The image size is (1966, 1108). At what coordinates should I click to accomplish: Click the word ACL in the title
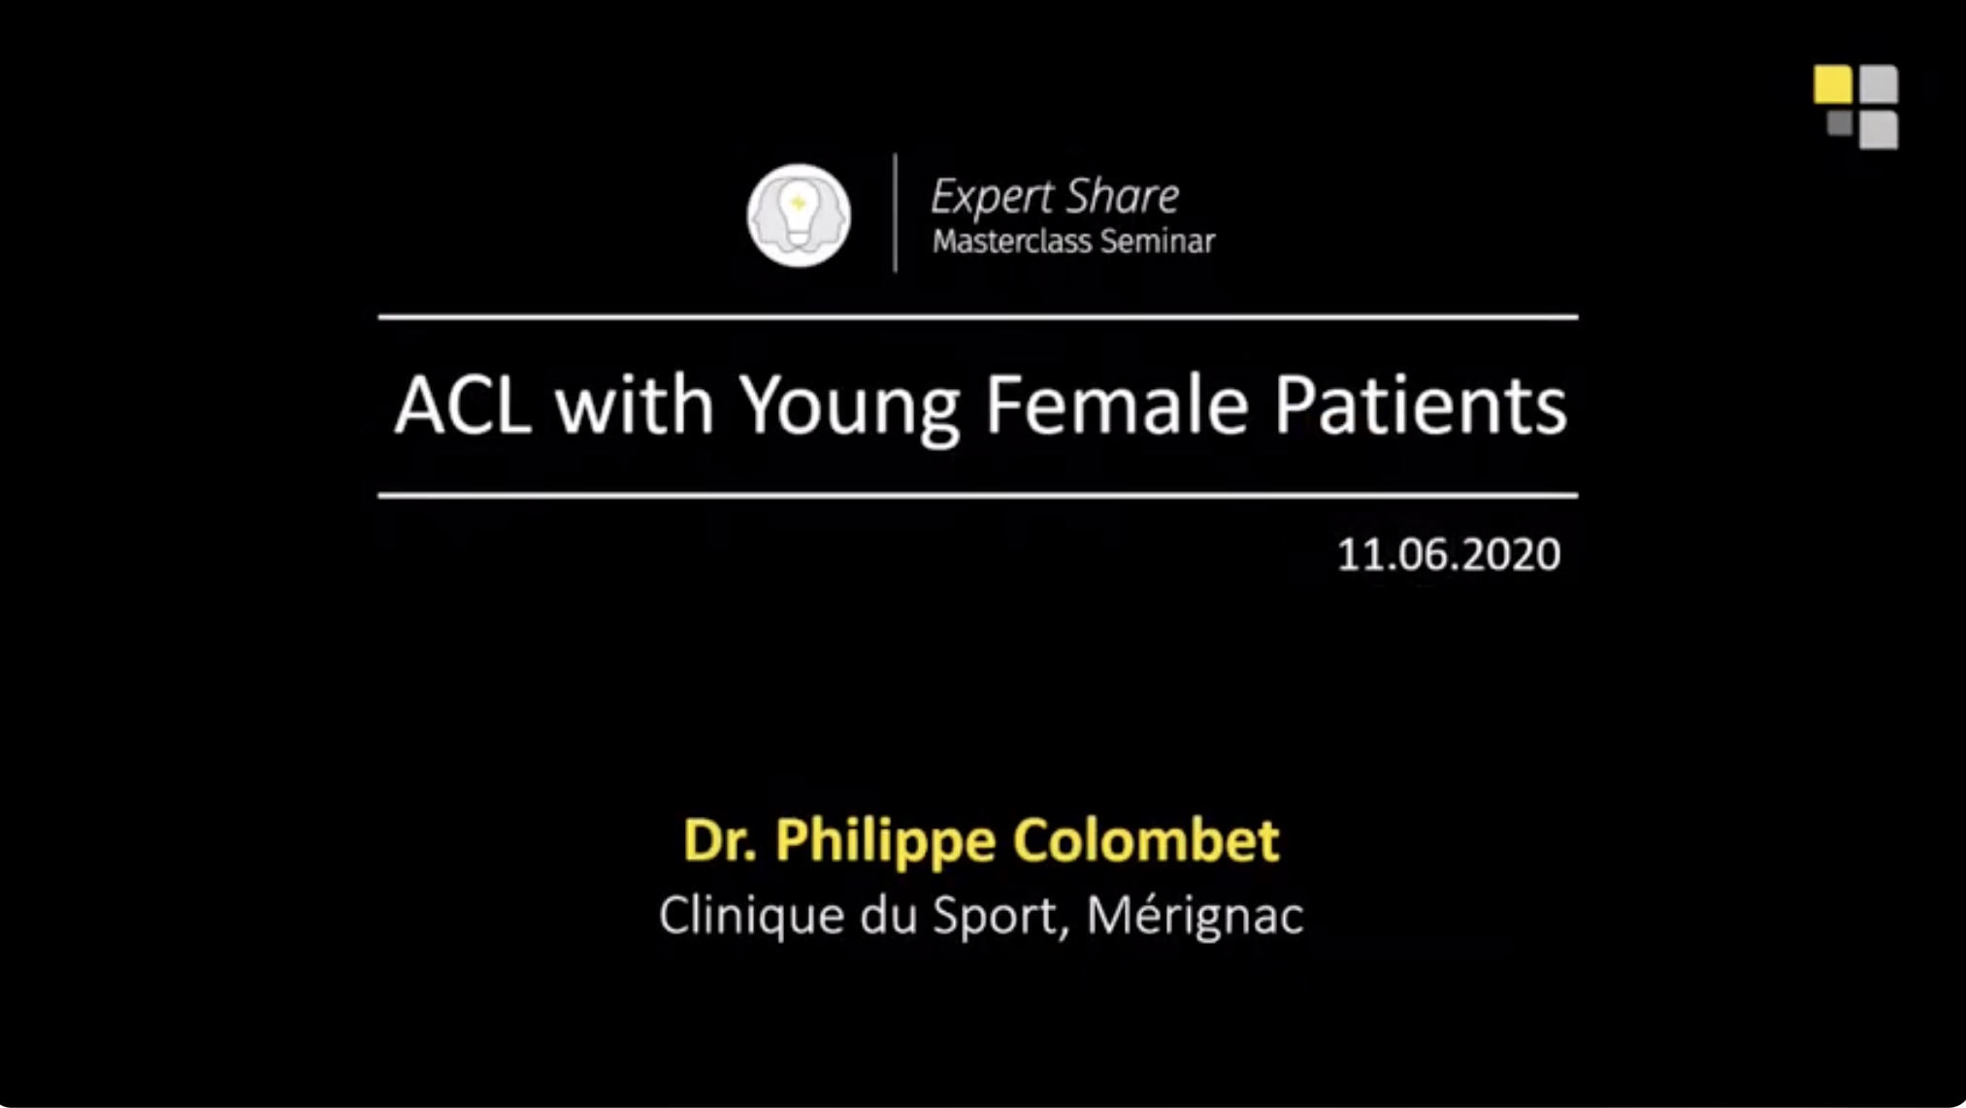pos(463,405)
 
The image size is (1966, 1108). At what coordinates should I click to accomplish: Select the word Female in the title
pos(1116,405)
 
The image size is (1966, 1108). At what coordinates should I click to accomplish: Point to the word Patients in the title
pos(1420,405)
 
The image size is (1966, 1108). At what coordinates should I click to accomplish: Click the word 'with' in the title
pos(635,405)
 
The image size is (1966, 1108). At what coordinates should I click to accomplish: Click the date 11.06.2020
pos(1449,555)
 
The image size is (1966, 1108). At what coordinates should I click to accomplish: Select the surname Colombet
pos(1146,839)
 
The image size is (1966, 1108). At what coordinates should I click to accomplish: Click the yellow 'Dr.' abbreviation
pos(719,839)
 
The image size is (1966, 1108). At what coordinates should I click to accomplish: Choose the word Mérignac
pos(1195,917)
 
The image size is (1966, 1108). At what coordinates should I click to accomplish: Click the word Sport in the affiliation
pos(1000,917)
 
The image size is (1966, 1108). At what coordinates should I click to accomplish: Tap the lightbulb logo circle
pos(799,214)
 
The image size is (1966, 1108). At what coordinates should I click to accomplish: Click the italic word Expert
pos(991,198)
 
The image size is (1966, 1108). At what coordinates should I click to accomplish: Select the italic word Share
pos(1123,196)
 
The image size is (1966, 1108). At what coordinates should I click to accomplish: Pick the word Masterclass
pos(1012,241)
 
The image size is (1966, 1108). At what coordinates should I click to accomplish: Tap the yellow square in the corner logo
pos(1833,84)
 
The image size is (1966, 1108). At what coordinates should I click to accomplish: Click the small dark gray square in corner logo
pos(1840,123)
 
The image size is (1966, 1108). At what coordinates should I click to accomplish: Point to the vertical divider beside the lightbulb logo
pos(895,212)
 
